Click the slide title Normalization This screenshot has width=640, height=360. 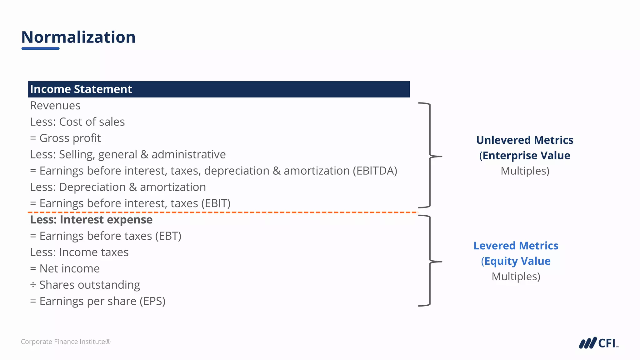pyautogui.click(x=78, y=37)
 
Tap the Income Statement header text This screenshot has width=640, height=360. pyautogui.click(x=81, y=89)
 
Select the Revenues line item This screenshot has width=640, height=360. pyautogui.click(x=55, y=106)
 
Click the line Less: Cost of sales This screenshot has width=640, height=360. pyautogui.click(x=77, y=122)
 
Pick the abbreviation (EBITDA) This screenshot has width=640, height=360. pyautogui.click(x=375, y=171)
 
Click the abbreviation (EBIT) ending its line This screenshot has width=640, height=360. pyautogui.click(x=216, y=203)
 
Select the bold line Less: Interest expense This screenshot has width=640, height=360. pyautogui.click(x=91, y=220)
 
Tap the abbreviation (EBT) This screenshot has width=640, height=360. pyautogui.click(x=168, y=236)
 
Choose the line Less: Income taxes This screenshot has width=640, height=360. pyautogui.click(x=79, y=252)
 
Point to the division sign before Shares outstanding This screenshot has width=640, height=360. pyautogui.click(x=33, y=285)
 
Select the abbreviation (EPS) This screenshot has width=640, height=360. pyautogui.click(x=152, y=301)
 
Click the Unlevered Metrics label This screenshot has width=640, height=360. pyautogui.click(x=525, y=140)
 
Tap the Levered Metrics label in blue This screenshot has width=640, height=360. pyautogui.click(x=516, y=246)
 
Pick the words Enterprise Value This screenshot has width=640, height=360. pyautogui.click(x=526, y=156)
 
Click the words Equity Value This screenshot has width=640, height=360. pyautogui.click(x=517, y=261)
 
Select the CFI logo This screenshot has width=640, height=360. pyautogui.click(x=598, y=343)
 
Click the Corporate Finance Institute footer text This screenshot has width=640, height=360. pyautogui.click(x=66, y=342)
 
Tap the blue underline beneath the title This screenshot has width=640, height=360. pyautogui.click(x=40, y=48)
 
